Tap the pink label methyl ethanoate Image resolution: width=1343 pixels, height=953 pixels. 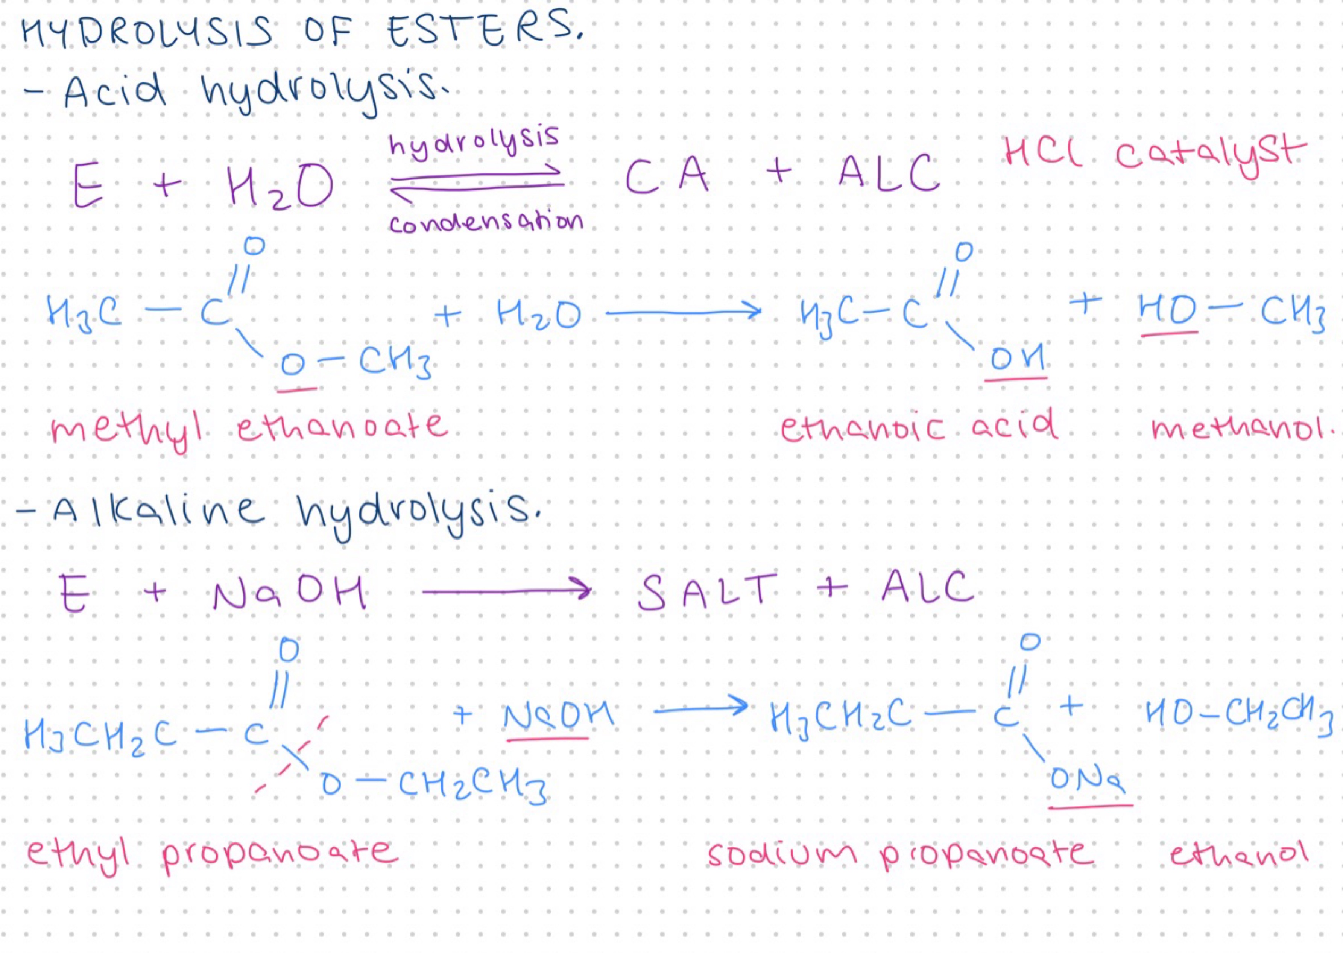point(249,430)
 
